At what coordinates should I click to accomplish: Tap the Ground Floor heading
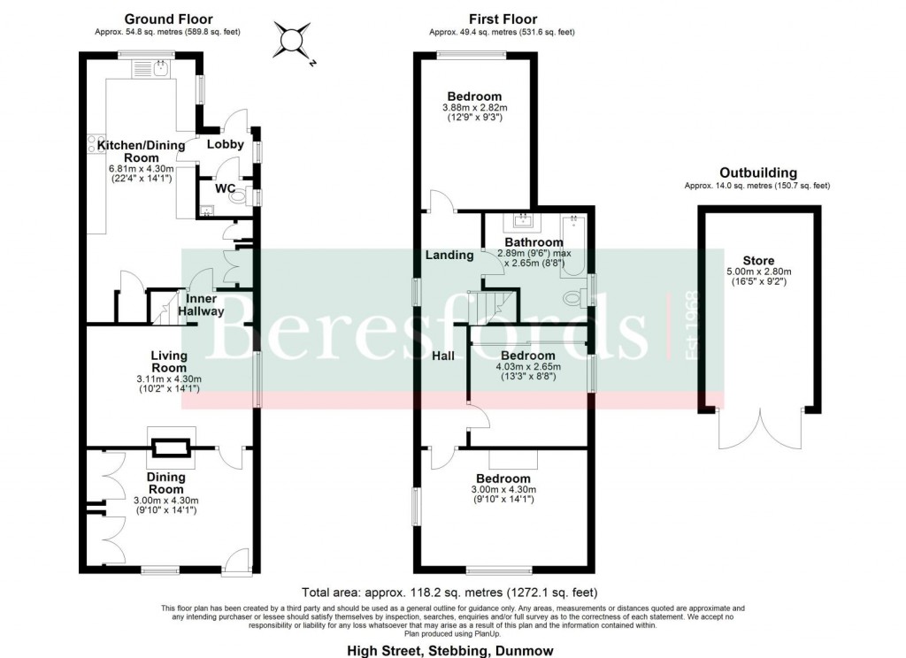(x=168, y=19)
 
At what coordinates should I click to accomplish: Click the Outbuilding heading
(x=757, y=173)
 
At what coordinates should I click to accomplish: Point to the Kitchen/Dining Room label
(x=141, y=151)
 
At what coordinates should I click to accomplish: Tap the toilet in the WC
(x=237, y=197)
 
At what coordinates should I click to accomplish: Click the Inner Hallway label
(x=201, y=304)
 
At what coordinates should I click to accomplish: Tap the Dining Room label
(x=165, y=483)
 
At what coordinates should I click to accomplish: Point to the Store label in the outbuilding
(x=758, y=260)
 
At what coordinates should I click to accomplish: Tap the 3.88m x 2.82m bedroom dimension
(x=474, y=109)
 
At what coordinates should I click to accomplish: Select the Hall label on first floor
(x=443, y=356)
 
